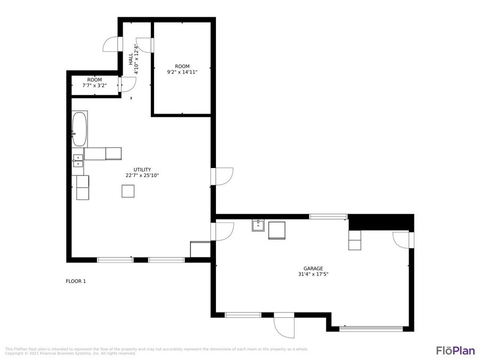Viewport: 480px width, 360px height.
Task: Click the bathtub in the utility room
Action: pyautogui.click(x=79, y=129)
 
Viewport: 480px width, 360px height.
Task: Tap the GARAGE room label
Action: pyautogui.click(x=313, y=269)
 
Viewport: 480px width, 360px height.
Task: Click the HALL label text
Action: pyautogui.click(x=131, y=59)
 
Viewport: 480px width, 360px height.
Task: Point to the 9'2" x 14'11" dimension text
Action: pyautogui.click(x=182, y=72)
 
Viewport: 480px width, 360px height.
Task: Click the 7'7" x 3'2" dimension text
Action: pyautogui.click(x=95, y=85)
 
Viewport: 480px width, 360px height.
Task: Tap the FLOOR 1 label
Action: pyautogui.click(x=76, y=281)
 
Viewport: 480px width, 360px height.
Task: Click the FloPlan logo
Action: pyautogui.click(x=455, y=350)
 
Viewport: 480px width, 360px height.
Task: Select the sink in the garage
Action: pyautogui.click(x=258, y=225)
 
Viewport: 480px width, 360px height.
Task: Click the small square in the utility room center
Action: pyautogui.click(x=127, y=191)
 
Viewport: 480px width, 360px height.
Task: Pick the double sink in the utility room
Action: pyautogui.click(x=78, y=161)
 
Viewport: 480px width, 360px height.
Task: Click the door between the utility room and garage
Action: pyautogui.click(x=222, y=231)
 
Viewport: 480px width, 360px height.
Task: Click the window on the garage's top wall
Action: pyautogui.click(x=329, y=217)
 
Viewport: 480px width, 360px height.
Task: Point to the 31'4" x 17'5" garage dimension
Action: pyautogui.click(x=313, y=275)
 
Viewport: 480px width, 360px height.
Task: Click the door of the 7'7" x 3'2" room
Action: pyautogui.click(x=127, y=84)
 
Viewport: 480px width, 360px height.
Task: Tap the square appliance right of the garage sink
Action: pyautogui.click(x=277, y=230)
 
